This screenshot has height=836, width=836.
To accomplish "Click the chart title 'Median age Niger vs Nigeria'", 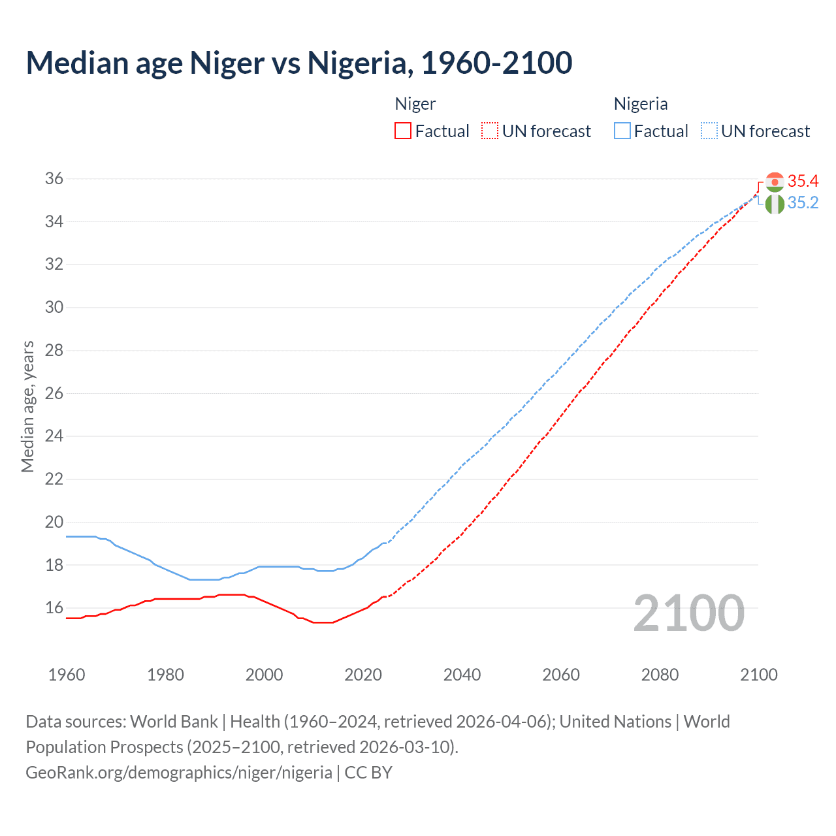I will click(298, 63).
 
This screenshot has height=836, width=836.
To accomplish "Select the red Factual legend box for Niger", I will click(403, 131).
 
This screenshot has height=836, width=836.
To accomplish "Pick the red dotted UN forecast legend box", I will click(490, 131).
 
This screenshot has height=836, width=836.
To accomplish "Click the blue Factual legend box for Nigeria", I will click(622, 131).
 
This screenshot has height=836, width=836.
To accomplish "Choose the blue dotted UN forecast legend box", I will click(709, 131).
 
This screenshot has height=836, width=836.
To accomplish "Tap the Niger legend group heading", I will click(415, 104).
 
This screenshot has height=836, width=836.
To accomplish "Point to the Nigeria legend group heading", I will click(641, 104).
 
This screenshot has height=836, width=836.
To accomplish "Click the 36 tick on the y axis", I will click(54, 179).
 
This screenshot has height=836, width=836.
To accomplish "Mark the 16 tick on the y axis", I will click(54, 608).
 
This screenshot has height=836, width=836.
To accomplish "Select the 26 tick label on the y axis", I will click(54, 393).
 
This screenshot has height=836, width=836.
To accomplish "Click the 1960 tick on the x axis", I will click(67, 675).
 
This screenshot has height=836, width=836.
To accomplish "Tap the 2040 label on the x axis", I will click(462, 675).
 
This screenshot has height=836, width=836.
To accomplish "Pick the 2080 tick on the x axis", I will click(660, 675).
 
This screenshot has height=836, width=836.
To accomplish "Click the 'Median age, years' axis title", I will click(27, 406).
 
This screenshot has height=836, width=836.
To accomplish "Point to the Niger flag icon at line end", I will click(775, 182).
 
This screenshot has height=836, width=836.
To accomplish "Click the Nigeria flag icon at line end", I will click(775, 204).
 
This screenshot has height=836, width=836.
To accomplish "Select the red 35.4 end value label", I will click(803, 181).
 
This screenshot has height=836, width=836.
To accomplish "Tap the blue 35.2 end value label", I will click(803, 203).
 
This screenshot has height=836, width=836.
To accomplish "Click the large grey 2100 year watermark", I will click(688, 613).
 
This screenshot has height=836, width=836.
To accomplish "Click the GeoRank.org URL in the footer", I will click(179, 773).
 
